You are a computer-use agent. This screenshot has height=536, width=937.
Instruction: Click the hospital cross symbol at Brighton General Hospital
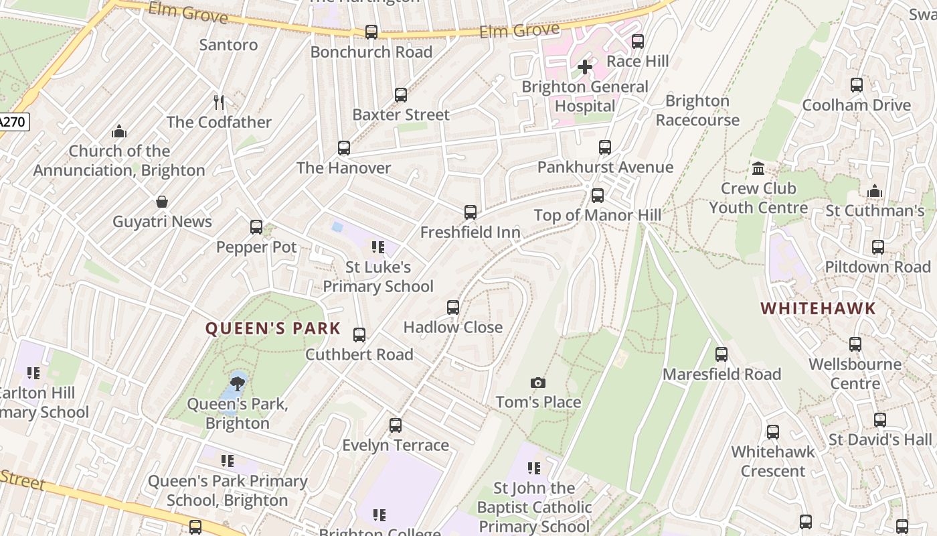[x=585, y=67]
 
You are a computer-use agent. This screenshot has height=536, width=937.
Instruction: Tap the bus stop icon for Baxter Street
[x=401, y=95]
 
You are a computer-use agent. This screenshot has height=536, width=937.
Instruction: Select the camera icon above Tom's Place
[x=537, y=383]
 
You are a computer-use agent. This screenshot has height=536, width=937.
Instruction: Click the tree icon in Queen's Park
[x=237, y=384]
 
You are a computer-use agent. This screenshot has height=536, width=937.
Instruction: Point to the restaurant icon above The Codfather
[x=219, y=102]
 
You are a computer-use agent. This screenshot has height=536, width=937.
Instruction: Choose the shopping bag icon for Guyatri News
[x=162, y=202]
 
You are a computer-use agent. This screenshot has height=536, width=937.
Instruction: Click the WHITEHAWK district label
[x=818, y=308]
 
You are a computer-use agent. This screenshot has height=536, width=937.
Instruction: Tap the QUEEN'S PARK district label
[x=273, y=329]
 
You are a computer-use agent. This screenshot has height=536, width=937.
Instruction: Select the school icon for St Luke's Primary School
[x=378, y=247]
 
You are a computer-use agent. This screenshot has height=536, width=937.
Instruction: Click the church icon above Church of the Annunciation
[x=119, y=131]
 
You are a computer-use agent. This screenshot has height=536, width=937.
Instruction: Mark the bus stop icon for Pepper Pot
[x=256, y=227]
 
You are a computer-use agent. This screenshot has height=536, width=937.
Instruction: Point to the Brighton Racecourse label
[x=697, y=111]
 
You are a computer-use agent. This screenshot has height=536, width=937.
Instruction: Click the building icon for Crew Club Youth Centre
[x=758, y=168]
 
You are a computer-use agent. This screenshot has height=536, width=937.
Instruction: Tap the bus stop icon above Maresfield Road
[x=721, y=354]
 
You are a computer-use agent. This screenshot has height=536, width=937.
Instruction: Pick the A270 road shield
[x=13, y=122]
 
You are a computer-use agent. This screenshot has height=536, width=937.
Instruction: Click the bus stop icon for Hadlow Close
[x=453, y=308]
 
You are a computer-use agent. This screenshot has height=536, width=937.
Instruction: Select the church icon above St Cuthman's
[x=875, y=191]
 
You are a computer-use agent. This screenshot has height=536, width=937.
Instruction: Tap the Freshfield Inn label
[x=471, y=232]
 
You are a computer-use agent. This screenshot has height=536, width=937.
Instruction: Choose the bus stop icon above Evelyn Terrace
[x=396, y=425]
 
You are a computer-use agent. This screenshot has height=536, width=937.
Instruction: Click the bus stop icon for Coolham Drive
[x=857, y=85]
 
